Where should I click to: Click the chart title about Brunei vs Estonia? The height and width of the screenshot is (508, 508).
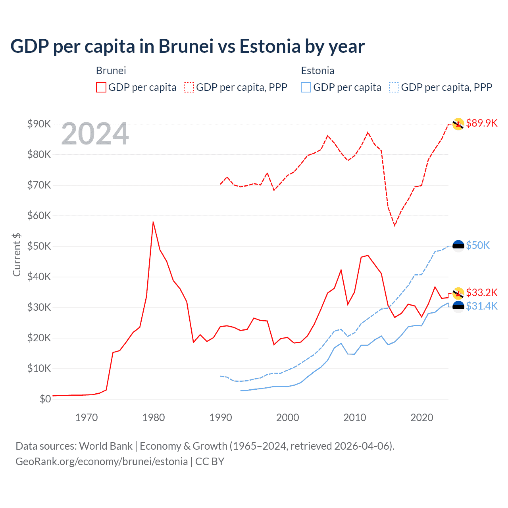(187, 46)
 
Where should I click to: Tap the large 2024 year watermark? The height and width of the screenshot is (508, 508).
(95, 134)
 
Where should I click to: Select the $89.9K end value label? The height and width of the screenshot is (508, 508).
(481, 123)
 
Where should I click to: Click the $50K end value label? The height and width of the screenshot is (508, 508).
(478, 245)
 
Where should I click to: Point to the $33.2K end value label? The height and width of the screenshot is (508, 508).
(481, 292)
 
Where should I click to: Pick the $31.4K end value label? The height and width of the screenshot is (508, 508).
(481, 306)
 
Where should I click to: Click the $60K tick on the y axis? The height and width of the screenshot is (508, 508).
(39, 216)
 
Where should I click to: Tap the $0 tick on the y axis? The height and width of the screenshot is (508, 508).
(45, 399)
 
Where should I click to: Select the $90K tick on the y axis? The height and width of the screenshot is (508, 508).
(39, 124)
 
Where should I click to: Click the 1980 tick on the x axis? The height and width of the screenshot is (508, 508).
(154, 418)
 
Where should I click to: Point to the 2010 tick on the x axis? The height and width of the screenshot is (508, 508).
(355, 418)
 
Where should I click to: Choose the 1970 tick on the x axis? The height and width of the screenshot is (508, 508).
(87, 418)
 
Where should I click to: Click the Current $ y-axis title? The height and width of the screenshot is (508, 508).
(17, 255)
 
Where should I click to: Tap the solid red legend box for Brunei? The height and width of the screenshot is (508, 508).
(101, 87)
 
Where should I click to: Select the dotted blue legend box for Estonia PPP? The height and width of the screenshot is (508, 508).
(394, 87)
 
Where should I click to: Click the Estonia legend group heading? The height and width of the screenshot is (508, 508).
(317, 71)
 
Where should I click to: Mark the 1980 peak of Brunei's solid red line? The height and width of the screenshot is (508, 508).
(153, 222)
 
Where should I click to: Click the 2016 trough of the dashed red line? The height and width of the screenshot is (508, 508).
(394, 225)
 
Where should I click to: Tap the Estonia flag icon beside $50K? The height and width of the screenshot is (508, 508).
(458, 246)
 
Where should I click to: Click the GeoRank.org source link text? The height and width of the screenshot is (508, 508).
(102, 462)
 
